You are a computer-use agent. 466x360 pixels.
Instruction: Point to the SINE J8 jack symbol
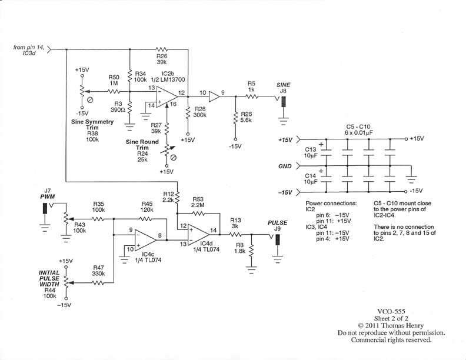283,102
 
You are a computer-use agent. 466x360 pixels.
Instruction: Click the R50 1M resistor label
114,81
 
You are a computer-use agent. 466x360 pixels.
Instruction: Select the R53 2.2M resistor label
197,203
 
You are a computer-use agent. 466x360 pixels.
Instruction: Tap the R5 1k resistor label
251,86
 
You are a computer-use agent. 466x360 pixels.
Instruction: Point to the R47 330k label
98,270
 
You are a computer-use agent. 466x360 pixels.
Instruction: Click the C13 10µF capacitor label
311,153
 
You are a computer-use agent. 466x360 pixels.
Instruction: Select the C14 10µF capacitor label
311,179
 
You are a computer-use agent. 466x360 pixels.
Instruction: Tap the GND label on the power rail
285,166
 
